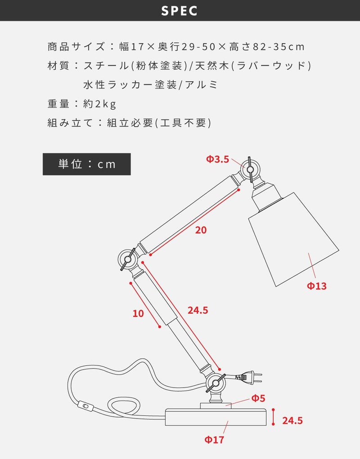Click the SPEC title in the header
click(x=179, y=11)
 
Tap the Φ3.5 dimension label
click(x=218, y=159)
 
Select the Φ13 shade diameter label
click(x=317, y=286)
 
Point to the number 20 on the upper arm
click(x=201, y=230)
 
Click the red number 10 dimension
click(x=138, y=313)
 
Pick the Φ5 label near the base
click(x=258, y=398)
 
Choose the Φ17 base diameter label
click(x=214, y=439)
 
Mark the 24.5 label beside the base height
click(x=292, y=421)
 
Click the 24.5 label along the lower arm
click(x=198, y=310)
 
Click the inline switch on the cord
click(x=85, y=406)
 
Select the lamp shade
click(x=293, y=239)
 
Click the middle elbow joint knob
click(x=128, y=259)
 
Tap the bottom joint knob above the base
click(x=216, y=383)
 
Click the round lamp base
click(x=216, y=417)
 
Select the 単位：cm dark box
click(x=87, y=164)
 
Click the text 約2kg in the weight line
click(x=99, y=104)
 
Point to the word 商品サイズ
click(x=76, y=47)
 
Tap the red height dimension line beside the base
click(x=273, y=417)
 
